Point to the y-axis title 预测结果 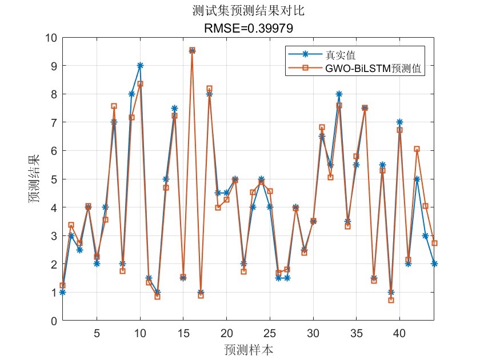coord(35,179)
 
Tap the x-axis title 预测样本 coord(248,349)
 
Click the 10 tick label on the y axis coord(50,38)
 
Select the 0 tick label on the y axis coord(53,321)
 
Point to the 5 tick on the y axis coord(53,179)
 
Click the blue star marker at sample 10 coord(140,66)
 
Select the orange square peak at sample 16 coord(192,51)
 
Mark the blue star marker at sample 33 coord(339,94)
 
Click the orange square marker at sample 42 coord(417,149)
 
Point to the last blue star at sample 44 coord(434,263)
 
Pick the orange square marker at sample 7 coord(114,106)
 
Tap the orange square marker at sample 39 coord(391,300)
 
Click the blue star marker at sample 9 coord(131,94)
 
